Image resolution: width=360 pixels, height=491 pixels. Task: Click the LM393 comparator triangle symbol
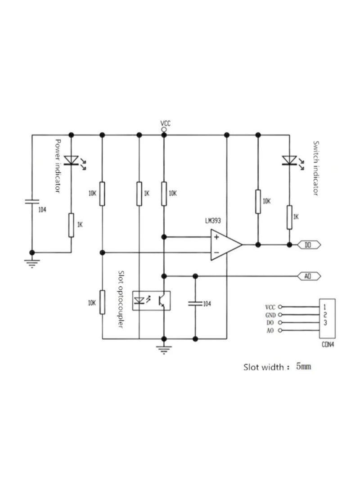pyautogui.click(x=225, y=245)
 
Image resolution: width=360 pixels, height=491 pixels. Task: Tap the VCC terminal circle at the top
pyautogui.click(x=164, y=130)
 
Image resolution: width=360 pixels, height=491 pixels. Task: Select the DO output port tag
pyautogui.click(x=308, y=245)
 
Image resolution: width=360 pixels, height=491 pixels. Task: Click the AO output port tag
pyautogui.click(x=308, y=275)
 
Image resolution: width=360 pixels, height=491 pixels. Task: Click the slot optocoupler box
pyautogui.click(x=151, y=300)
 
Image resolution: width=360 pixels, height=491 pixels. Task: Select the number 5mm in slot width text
pyautogui.click(x=303, y=367)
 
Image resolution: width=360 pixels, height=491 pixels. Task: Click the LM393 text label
pyautogui.click(x=213, y=221)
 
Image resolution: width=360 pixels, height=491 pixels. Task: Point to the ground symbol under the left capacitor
pyautogui.click(x=32, y=262)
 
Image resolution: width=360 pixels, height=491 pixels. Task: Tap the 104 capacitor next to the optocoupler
pyautogui.click(x=195, y=304)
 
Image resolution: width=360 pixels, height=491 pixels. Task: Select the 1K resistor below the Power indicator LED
pyautogui.click(x=71, y=225)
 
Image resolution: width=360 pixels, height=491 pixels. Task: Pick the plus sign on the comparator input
pyautogui.click(x=217, y=237)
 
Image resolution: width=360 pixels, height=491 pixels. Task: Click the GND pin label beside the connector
pyautogui.click(x=270, y=315)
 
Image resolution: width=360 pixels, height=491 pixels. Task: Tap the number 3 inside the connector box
pyautogui.click(x=325, y=322)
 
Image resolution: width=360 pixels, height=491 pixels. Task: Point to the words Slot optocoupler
pyautogui.click(x=121, y=299)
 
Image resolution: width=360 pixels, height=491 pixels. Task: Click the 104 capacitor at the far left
pyautogui.click(x=32, y=202)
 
